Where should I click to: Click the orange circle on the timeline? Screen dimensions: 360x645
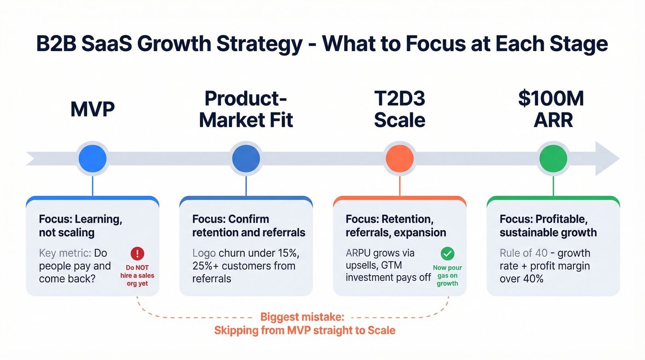click(399, 158)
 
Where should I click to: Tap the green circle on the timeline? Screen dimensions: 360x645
click(553, 158)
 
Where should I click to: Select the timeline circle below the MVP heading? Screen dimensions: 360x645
click(93, 158)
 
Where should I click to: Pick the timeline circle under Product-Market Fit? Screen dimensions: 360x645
click(246, 158)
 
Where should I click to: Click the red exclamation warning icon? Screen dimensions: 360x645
click(137, 254)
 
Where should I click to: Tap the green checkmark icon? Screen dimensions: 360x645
click(447, 254)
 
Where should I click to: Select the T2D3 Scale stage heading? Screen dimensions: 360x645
click(399, 109)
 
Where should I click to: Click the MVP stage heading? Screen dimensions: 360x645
click(93, 109)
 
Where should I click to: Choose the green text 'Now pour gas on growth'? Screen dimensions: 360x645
click(447, 275)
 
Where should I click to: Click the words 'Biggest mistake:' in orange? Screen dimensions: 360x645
click(302, 317)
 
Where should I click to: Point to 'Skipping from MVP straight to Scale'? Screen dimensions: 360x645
click(305, 330)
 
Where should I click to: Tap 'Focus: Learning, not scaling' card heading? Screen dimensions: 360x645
click(81, 225)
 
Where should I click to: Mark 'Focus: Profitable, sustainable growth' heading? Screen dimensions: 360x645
click(548, 225)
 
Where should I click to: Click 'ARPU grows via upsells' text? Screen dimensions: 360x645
click(380, 259)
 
